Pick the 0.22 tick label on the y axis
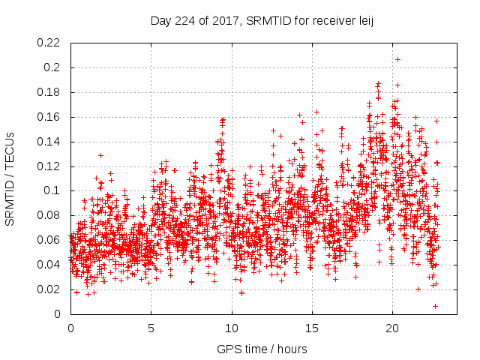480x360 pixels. [x=49, y=43]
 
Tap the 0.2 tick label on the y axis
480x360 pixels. [x=52, y=67]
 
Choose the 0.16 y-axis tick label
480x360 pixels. [x=49, y=117]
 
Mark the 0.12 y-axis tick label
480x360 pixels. [x=49, y=166]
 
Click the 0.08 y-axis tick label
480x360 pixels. [x=49, y=215]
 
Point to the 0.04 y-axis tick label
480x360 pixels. [x=49, y=265]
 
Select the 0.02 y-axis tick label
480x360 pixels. [x=49, y=289]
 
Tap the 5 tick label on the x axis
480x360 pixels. [x=151, y=328]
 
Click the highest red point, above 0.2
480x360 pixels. [x=397, y=59]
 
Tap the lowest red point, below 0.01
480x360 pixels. [x=435, y=306]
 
